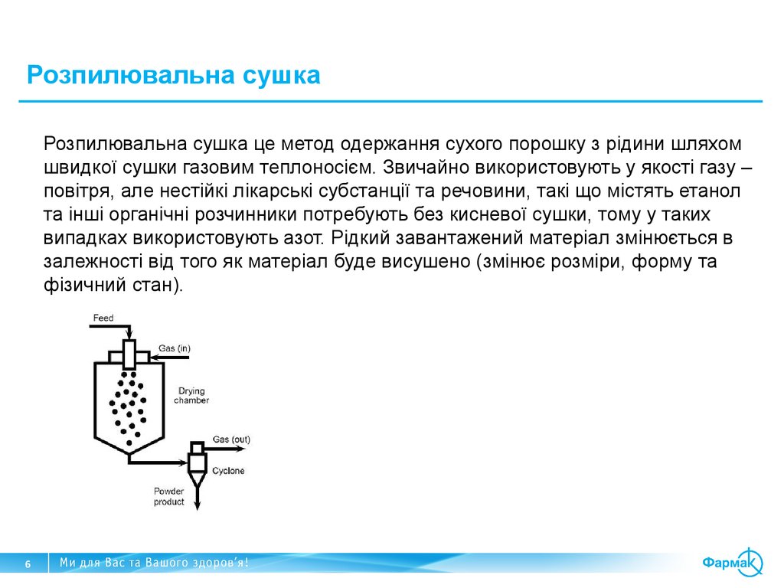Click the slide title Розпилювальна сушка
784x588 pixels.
click(173, 76)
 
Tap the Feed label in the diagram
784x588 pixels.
click(103, 318)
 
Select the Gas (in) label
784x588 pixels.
click(175, 348)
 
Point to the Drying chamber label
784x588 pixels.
click(191, 395)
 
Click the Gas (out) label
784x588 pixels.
click(231, 439)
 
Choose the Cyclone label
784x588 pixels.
click(228, 471)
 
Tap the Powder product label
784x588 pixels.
click(169, 496)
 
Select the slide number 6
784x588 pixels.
click(28, 564)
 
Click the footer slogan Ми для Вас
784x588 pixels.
click(154, 563)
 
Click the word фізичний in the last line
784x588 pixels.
click(79, 286)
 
